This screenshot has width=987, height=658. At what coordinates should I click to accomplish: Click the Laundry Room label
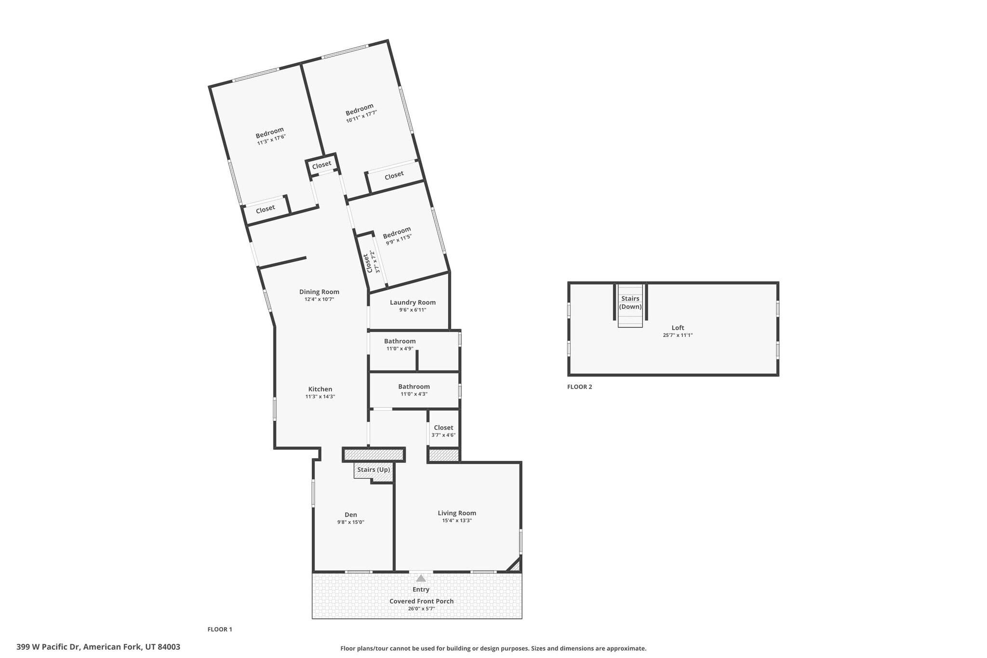(x=413, y=303)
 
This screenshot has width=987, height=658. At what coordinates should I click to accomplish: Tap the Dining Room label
(x=319, y=292)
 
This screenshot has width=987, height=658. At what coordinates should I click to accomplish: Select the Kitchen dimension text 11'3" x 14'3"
(x=320, y=397)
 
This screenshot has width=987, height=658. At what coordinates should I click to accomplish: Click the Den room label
(x=351, y=515)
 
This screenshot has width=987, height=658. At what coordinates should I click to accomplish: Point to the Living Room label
(x=457, y=513)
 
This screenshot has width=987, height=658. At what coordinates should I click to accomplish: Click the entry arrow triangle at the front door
(x=421, y=578)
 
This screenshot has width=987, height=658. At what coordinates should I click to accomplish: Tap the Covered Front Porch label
(x=422, y=601)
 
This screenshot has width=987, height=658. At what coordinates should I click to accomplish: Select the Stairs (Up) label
(x=373, y=470)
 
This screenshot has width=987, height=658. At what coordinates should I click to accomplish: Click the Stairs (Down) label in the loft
(x=630, y=303)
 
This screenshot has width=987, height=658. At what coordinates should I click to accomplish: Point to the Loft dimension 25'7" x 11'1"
(x=678, y=335)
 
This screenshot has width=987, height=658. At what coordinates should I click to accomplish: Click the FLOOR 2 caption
(x=580, y=387)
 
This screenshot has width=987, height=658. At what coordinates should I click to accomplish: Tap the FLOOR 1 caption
(x=220, y=629)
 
